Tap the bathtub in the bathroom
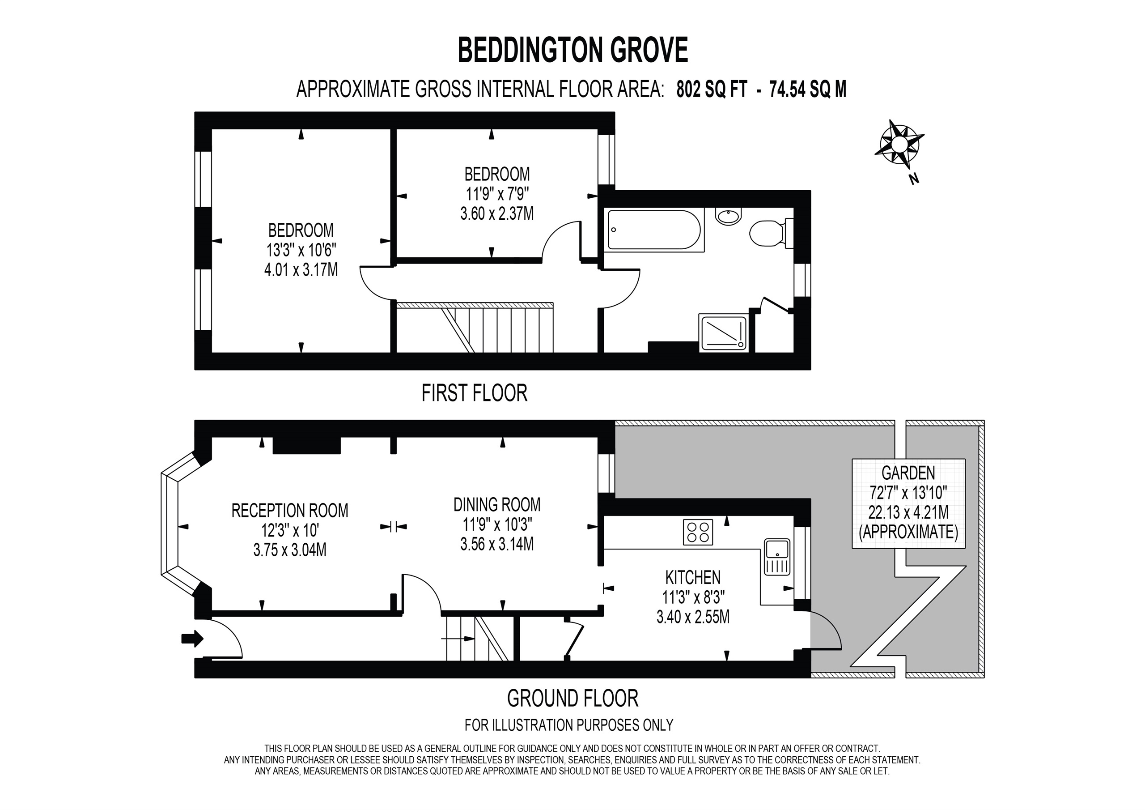[654, 230]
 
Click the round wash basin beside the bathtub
[729, 216]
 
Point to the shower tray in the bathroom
[724, 333]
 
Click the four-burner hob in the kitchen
[698, 532]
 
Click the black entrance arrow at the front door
[192, 638]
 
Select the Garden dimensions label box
[908, 503]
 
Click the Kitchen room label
[693, 577]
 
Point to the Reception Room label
[290, 511]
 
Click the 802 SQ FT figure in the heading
[712, 90]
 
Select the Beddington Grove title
[572, 50]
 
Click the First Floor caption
[474, 393]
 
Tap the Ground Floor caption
[572, 698]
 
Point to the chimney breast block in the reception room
[307, 446]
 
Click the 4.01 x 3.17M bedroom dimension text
[301, 269]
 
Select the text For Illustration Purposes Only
[568, 725]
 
